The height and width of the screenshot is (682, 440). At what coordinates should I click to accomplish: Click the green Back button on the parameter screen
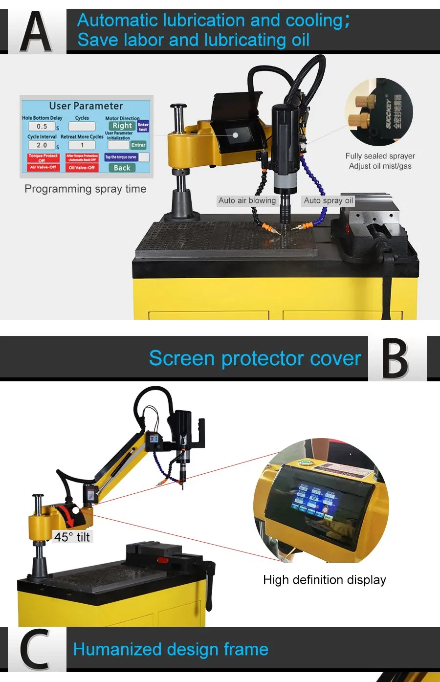click(x=122, y=168)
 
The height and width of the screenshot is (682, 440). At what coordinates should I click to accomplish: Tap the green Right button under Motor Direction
click(x=122, y=126)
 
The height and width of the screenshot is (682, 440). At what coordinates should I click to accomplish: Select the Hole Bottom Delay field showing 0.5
click(x=42, y=127)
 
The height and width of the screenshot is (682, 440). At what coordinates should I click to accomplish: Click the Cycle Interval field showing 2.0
click(x=42, y=145)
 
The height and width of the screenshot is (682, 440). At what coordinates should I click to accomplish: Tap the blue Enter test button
click(x=143, y=127)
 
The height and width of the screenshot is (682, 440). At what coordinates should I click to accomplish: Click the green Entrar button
click(x=138, y=145)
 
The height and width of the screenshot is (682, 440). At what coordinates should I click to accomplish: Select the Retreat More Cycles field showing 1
click(x=82, y=145)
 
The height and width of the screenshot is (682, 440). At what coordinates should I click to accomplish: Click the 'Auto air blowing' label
click(x=247, y=200)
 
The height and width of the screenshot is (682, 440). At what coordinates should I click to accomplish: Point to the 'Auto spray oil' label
click(x=328, y=200)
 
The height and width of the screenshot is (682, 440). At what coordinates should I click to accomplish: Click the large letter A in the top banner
click(x=36, y=32)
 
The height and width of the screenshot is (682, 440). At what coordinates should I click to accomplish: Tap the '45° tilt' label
click(x=72, y=537)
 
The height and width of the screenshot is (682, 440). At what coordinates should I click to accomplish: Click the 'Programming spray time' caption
click(x=86, y=189)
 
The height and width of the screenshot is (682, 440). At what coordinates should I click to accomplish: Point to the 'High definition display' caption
click(x=325, y=580)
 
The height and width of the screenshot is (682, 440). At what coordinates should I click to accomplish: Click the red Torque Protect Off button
click(x=43, y=158)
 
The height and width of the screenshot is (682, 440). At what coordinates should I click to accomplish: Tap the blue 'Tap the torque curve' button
click(x=120, y=157)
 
